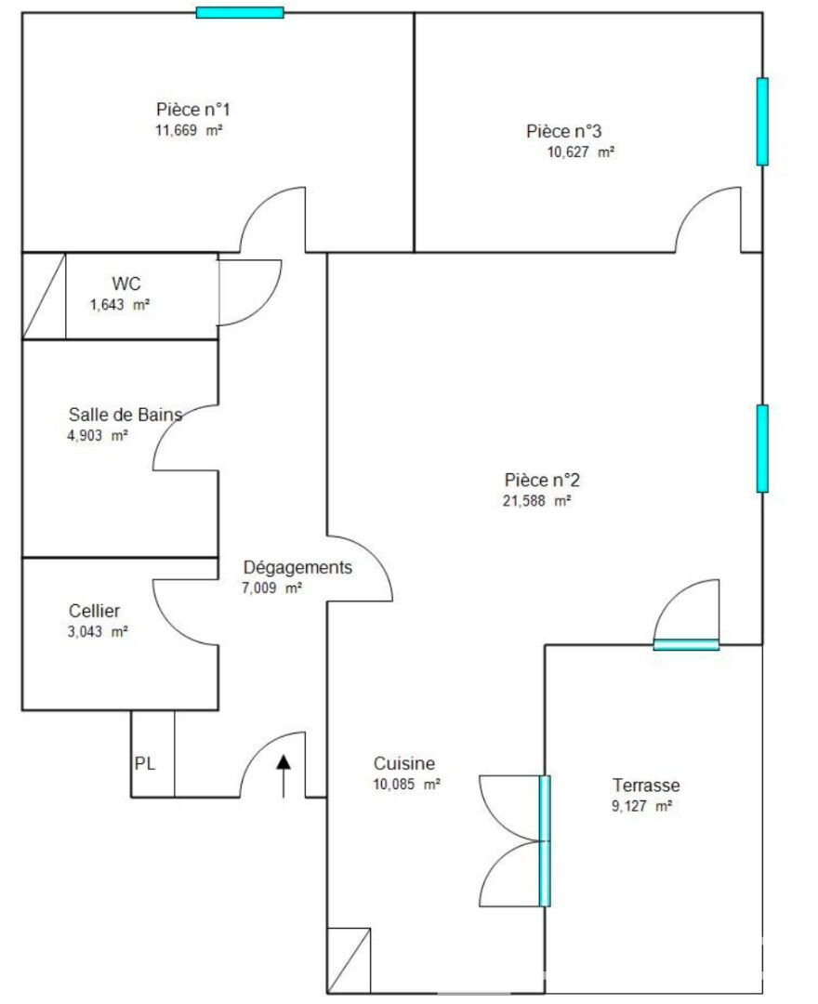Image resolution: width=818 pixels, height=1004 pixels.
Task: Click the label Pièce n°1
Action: coord(192,110)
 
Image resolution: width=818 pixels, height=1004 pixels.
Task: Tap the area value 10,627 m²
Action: coord(581,152)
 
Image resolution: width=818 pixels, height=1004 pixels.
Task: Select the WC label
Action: coord(126,284)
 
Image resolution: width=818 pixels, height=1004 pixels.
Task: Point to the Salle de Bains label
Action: coord(125,415)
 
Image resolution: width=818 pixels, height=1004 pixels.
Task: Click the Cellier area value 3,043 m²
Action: coord(98,631)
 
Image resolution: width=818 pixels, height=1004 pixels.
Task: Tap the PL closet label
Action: coord(145,763)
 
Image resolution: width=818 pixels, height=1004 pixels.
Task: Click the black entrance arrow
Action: coord(284,776)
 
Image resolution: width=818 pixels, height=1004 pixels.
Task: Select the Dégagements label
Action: coord(297,567)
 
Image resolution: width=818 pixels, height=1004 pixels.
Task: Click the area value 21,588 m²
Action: coord(536,501)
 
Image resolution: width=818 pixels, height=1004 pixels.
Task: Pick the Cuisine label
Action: coord(403,763)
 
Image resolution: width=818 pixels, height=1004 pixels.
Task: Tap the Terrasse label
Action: coord(646,785)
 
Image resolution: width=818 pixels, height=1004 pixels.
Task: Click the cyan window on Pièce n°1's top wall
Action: coord(240,12)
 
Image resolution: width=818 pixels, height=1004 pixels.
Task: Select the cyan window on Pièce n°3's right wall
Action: coord(762,122)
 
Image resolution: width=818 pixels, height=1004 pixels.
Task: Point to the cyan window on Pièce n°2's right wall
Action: coord(762,448)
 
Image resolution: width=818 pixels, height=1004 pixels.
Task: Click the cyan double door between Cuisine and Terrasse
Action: coord(545,840)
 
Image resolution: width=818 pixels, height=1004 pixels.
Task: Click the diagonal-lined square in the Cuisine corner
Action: coord(349,959)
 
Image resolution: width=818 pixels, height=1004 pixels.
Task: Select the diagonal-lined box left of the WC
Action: coord(45,296)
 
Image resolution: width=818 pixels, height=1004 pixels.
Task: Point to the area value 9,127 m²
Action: coord(641,806)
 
